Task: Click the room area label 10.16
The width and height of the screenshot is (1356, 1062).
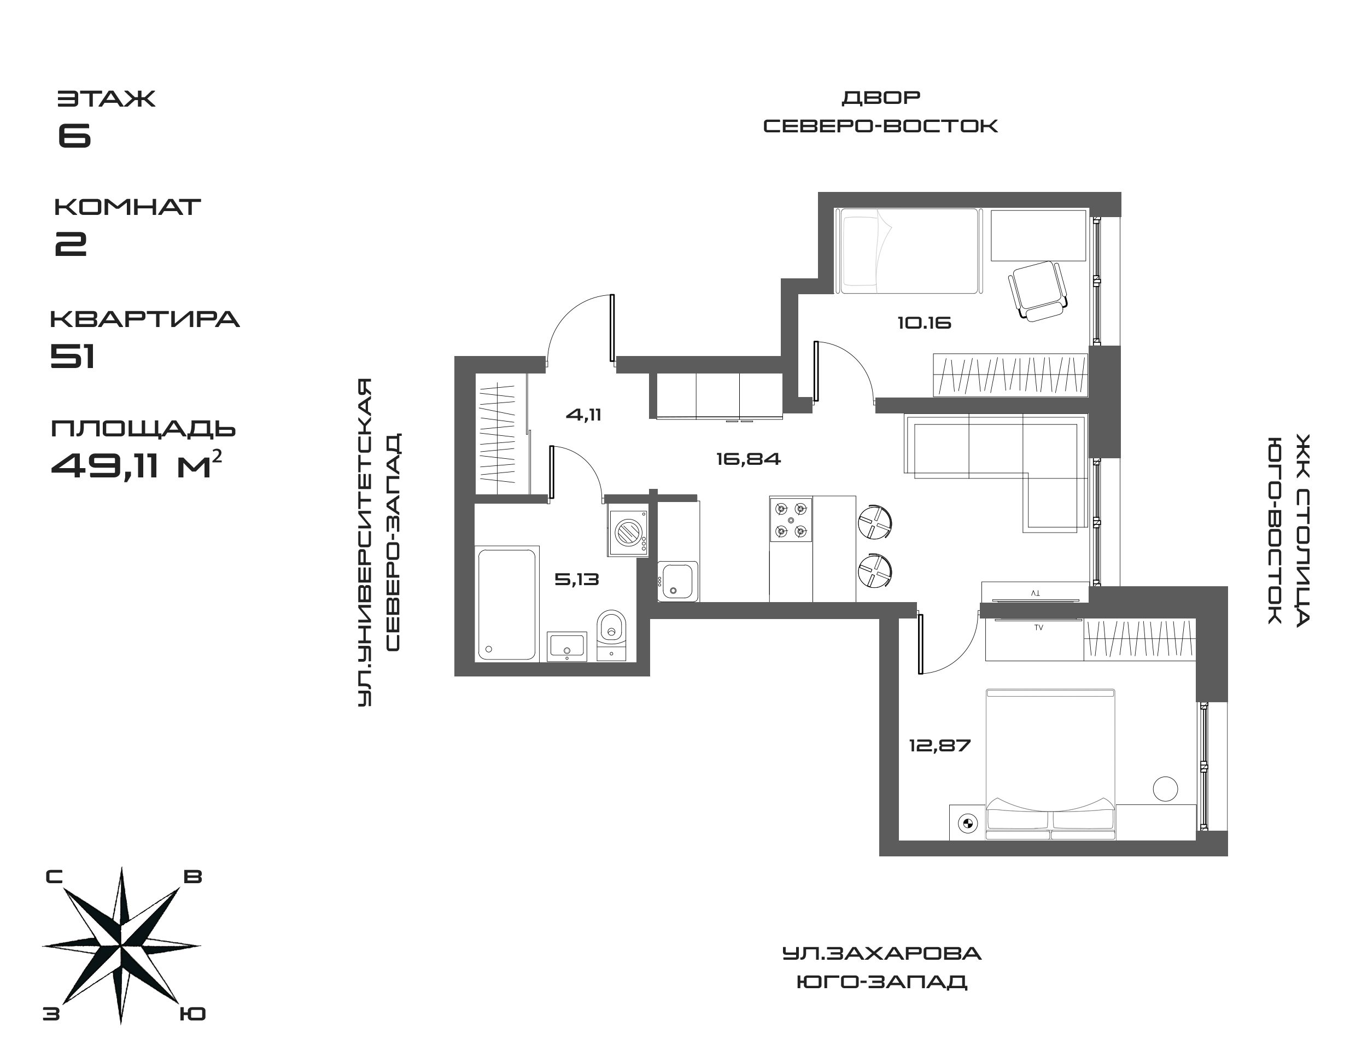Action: pyautogui.click(x=924, y=323)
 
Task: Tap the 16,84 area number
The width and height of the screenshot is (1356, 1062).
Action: pyautogui.click(x=748, y=459)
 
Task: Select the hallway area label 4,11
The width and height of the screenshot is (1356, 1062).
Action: pyautogui.click(x=583, y=415)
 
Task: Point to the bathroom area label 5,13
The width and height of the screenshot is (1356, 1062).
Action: pyautogui.click(x=576, y=580)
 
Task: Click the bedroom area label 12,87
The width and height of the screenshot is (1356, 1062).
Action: pyautogui.click(x=939, y=745)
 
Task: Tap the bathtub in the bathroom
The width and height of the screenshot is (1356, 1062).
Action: pyautogui.click(x=506, y=604)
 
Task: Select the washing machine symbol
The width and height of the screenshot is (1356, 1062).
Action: pyautogui.click(x=627, y=532)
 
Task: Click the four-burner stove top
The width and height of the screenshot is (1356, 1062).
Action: pyautogui.click(x=790, y=518)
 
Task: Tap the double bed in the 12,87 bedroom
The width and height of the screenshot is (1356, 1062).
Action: pyautogui.click(x=1050, y=763)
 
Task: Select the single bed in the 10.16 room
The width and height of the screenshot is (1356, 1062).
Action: pyautogui.click(x=908, y=250)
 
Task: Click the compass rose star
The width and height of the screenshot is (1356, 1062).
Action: pyautogui.click(x=121, y=945)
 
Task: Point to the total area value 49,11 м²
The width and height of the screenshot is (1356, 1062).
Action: pyautogui.click(x=137, y=466)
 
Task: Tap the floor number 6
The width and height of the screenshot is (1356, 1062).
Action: pyautogui.click(x=74, y=136)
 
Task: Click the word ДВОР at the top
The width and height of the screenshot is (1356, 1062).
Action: pyautogui.click(x=881, y=98)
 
